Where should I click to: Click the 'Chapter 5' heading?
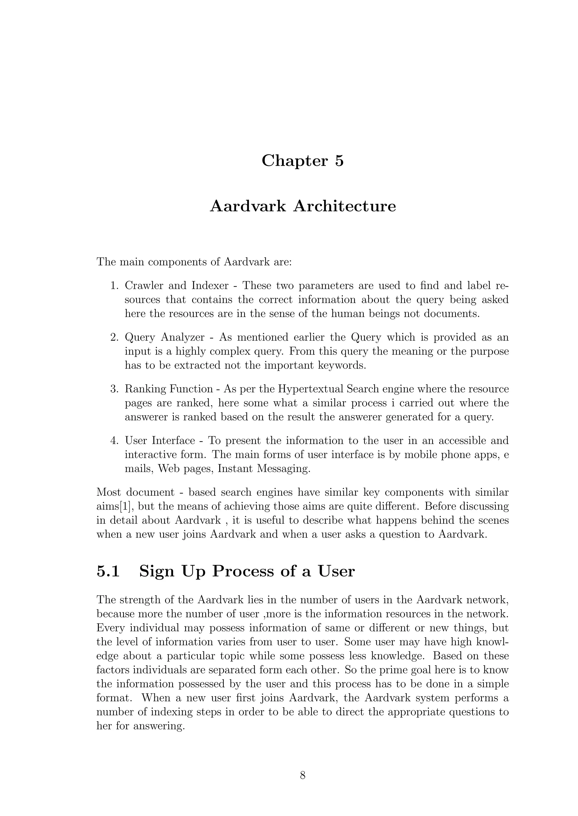(x=303, y=161)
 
